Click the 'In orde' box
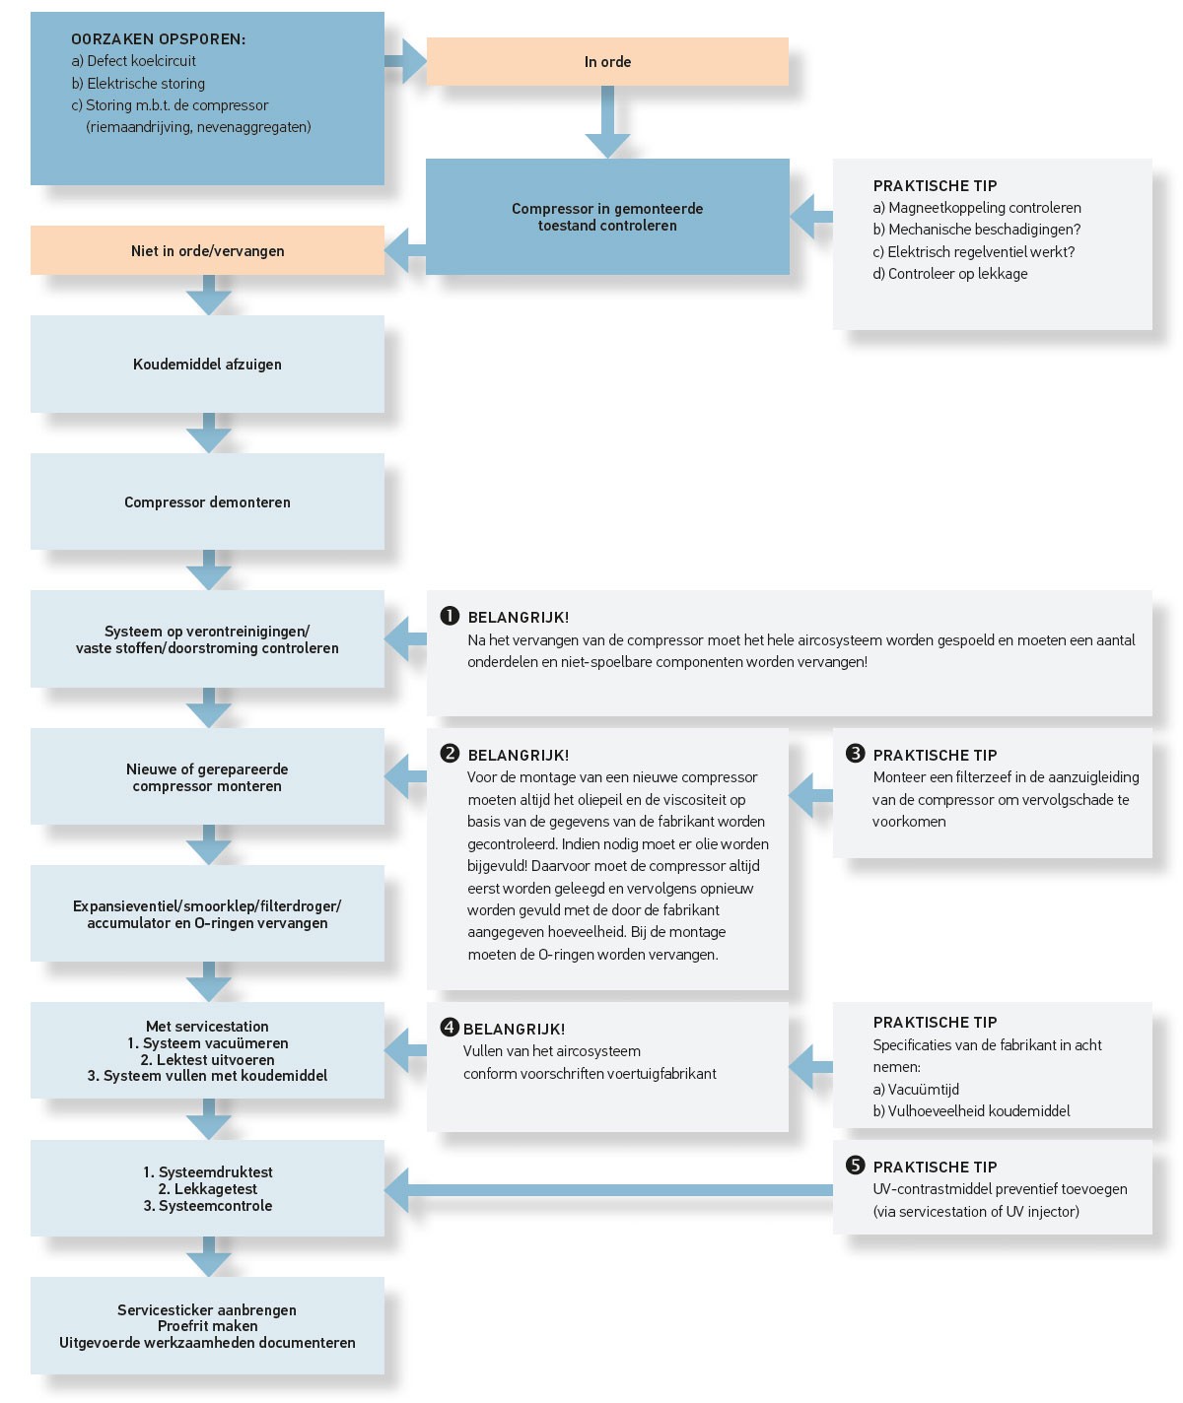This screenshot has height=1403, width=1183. [607, 62]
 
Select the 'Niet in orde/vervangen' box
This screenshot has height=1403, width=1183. [207, 251]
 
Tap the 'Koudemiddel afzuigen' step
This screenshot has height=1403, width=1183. [207, 365]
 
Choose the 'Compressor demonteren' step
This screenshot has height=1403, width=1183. [207, 502]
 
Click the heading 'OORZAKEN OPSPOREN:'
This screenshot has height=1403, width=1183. [158, 39]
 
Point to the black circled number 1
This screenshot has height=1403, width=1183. [450, 616]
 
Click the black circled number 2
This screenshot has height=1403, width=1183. [450, 754]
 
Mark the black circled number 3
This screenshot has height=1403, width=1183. [855, 754]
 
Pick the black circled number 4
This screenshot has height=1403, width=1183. [450, 1028]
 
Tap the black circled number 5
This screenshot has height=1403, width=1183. [855, 1166]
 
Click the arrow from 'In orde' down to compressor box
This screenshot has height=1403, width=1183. [607, 123]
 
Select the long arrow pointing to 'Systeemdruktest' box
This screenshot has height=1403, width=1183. [611, 1189]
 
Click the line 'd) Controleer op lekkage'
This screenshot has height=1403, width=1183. [949, 274]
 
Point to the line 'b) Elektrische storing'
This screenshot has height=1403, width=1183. [138, 84]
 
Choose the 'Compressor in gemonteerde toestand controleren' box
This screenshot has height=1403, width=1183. [607, 217]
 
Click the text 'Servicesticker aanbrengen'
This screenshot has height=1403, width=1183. [207, 1310]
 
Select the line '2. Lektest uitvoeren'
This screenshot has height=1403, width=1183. [207, 1060]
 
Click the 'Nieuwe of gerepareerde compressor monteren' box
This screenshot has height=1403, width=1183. [207, 777]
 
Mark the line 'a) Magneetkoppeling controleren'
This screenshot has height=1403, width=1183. [977, 208]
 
